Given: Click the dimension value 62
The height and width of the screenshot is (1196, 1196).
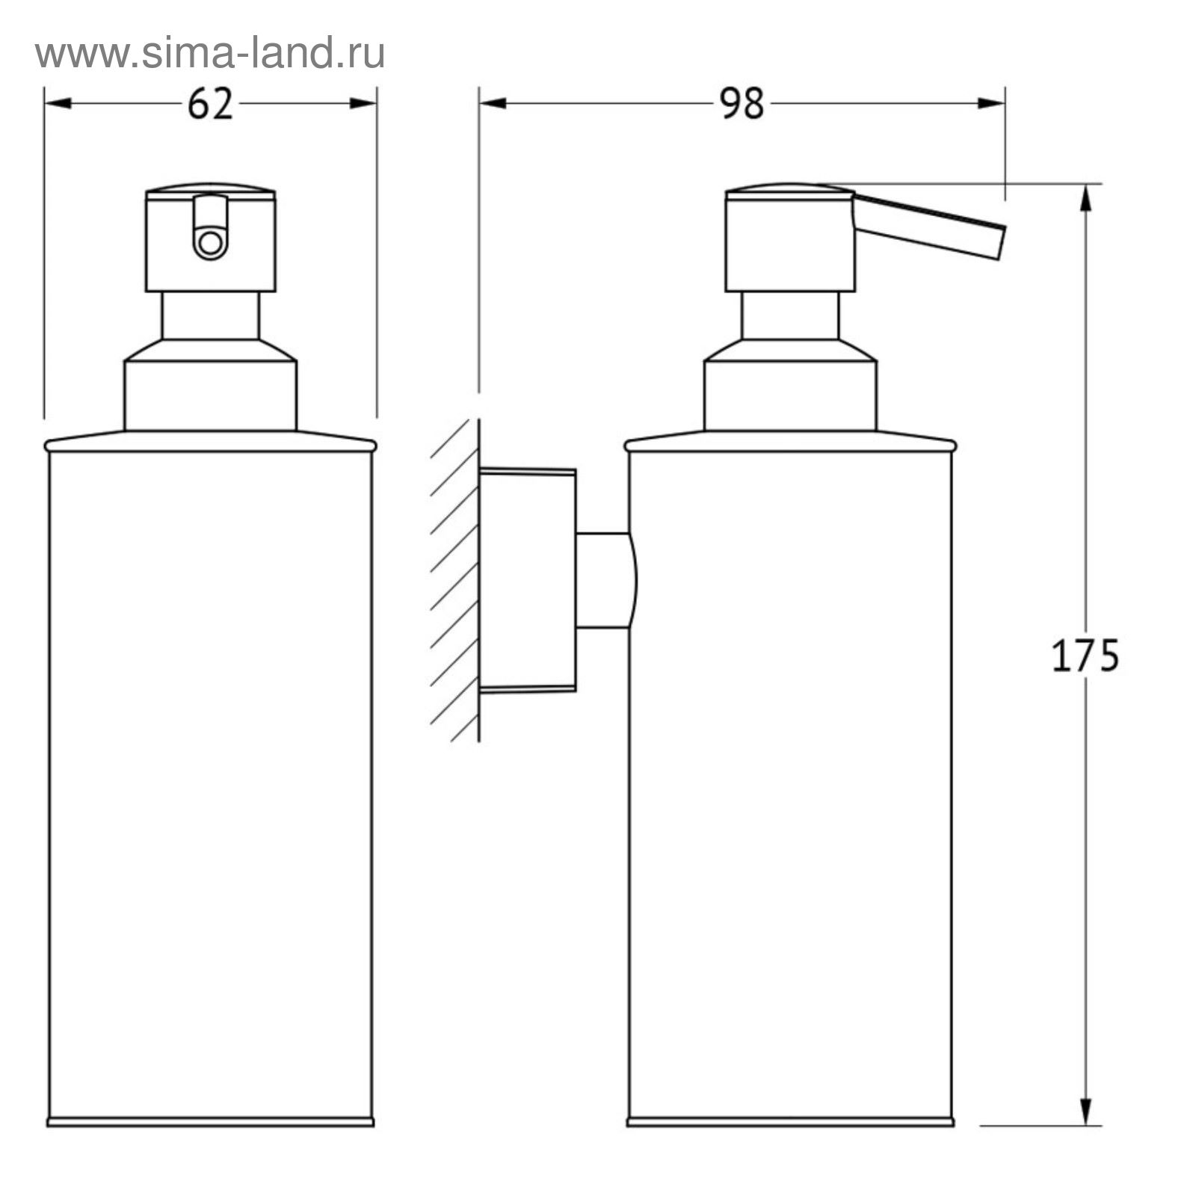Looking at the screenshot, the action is (210, 104).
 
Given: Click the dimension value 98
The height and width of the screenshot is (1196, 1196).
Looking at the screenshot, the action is (742, 104).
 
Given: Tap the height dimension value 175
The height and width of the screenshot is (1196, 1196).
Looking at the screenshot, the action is (1085, 656).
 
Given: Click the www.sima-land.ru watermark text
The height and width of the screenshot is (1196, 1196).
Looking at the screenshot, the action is (210, 53).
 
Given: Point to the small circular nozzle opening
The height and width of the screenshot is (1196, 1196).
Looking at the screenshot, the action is (210, 243).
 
